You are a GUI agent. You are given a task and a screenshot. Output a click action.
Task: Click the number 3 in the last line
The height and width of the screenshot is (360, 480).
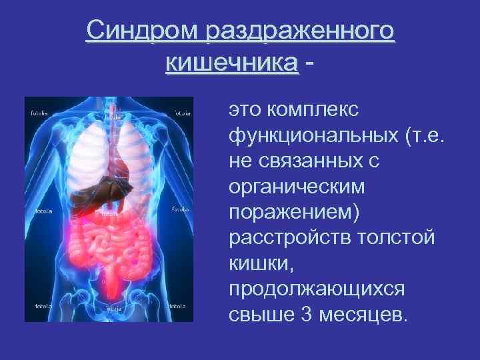click(x=306, y=314)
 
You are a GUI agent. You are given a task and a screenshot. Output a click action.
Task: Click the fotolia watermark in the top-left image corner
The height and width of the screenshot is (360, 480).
click(x=40, y=113)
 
